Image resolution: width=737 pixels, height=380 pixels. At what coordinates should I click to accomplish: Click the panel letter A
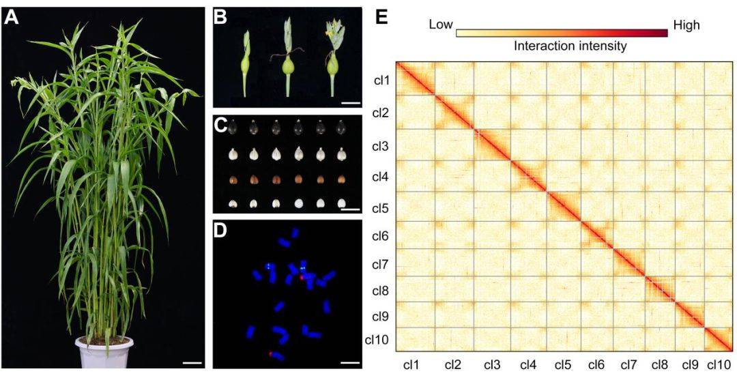tap(12, 18)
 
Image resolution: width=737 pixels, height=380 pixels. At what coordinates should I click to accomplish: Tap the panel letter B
tap(220, 17)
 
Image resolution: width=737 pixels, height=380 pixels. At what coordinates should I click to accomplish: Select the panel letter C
tap(220, 126)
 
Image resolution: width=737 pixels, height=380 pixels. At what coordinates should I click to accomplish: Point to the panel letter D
tap(220, 230)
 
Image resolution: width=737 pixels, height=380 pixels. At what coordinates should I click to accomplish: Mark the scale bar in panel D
tap(349, 361)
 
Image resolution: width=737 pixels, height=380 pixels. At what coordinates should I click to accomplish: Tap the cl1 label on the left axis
tap(381, 81)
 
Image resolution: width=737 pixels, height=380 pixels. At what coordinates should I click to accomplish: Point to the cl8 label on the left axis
tap(381, 290)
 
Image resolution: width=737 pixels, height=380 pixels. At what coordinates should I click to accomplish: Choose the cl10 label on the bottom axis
tap(719, 366)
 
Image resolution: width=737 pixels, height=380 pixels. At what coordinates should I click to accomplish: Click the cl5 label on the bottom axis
tap(563, 366)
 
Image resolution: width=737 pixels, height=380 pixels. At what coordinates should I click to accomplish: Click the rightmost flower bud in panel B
tap(333, 55)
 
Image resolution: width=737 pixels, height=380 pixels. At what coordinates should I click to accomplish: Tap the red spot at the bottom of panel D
tap(271, 354)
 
